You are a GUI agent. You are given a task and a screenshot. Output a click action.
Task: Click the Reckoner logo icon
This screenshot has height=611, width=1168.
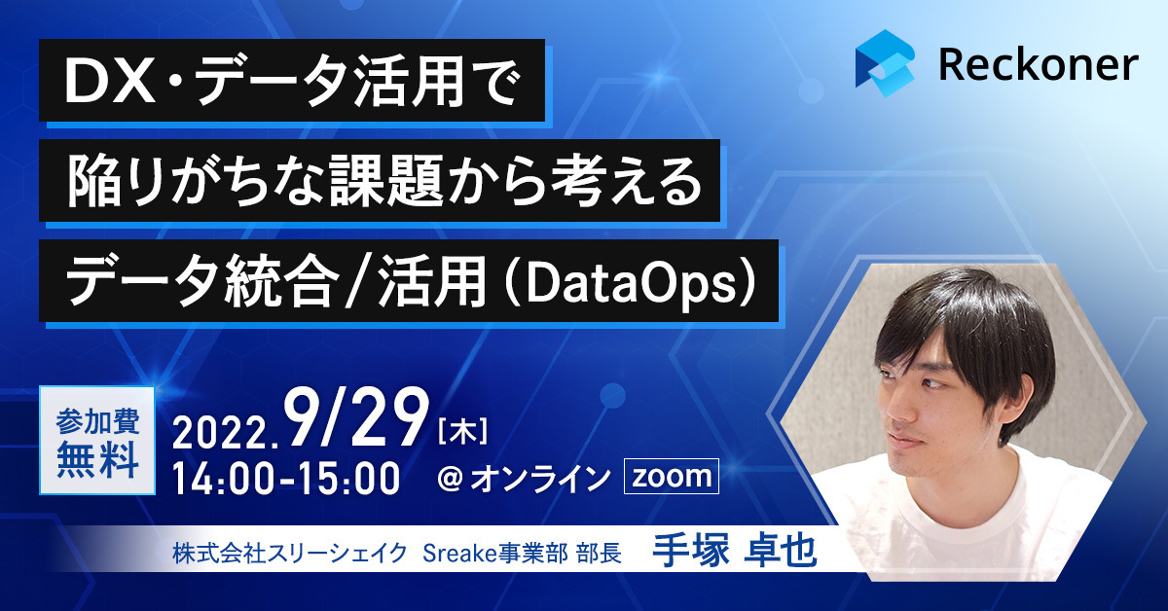point(885,63)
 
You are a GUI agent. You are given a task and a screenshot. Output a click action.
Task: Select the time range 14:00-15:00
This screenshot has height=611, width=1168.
point(286,478)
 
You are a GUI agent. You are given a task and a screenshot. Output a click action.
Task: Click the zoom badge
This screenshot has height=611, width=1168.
point(671,476)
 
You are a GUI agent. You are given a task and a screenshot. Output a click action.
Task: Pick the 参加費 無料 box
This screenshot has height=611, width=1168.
point(97,441)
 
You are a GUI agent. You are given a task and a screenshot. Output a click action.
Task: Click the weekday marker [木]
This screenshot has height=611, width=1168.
point(463,432)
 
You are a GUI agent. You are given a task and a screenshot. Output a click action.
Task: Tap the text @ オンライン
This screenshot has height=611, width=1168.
point(524,479)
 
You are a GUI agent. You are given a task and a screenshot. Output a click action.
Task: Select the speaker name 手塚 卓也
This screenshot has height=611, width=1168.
point(734,551)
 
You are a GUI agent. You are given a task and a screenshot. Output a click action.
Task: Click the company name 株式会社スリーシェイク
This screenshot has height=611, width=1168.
point(290,554)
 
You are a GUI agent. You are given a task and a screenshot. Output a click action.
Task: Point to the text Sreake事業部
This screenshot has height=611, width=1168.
point(495,554)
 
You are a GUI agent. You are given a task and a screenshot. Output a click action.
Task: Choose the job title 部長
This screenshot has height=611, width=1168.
point(600,554)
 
